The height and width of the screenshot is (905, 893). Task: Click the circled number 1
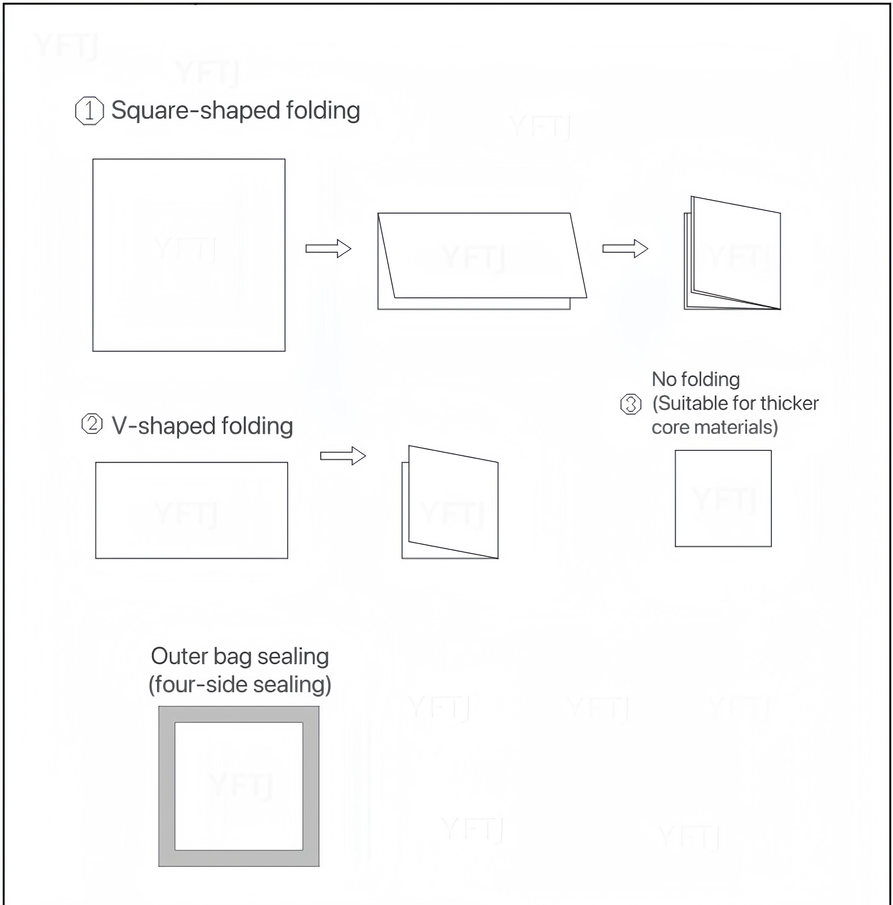point(89,111)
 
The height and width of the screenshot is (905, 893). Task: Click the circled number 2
point(92,424)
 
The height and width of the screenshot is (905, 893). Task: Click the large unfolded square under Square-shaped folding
point(189,255)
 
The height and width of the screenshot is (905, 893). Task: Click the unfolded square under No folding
point(723,498)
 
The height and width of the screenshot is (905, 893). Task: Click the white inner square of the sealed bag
point(239,786)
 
